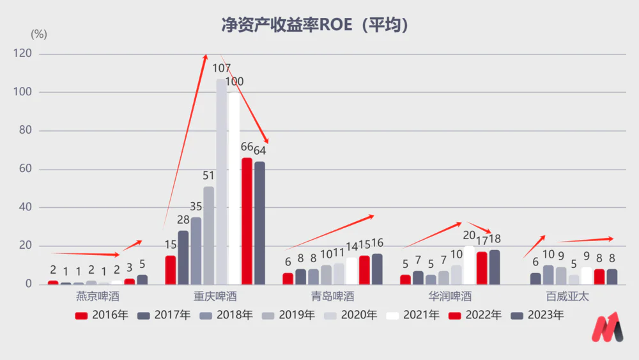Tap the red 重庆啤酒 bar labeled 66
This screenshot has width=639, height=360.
click(x=247, y=221)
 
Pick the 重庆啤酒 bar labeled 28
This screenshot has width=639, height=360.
click(x=183, y=257)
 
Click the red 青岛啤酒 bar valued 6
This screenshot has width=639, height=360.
click(x=288, y=279)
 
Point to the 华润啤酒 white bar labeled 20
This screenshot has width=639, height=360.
click(x=469, y=265)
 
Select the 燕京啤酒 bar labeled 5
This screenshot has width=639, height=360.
click(x=142, y=279)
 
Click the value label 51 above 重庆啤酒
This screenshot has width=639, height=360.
click(x=208, y=176)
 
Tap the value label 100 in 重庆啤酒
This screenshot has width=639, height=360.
click(x=234, y=82)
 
